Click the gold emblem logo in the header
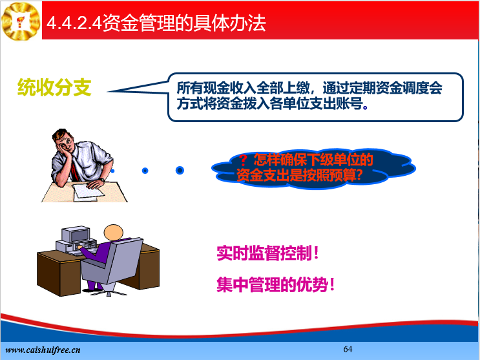(21, 21)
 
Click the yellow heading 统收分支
(54, 88)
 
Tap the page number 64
(348, 349)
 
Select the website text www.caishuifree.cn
(43, 350)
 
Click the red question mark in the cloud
(243, 160)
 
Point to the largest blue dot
(180, 171)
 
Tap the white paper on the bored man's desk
(88, 191)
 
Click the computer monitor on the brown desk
(76, 235)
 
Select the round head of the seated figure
(113, 233)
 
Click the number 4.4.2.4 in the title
(74, 23)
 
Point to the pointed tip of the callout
(108, 92)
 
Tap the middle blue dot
(145, 171)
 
